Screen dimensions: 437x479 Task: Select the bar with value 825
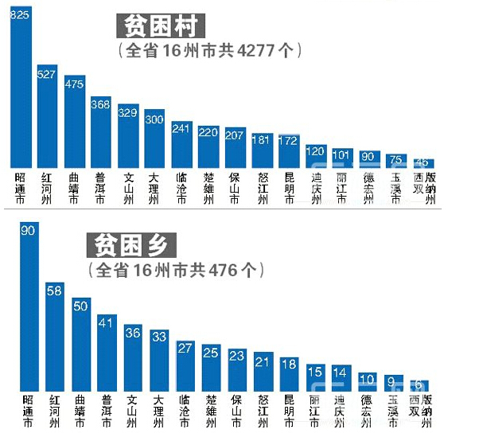(x=20, y=88)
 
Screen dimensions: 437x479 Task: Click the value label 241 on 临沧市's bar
(x=181, y=127)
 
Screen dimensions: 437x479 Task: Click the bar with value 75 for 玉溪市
(x=396, y=161)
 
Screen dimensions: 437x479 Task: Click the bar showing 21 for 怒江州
(x=263, y=372)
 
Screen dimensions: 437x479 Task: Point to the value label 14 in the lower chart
(x=342, y=371)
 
